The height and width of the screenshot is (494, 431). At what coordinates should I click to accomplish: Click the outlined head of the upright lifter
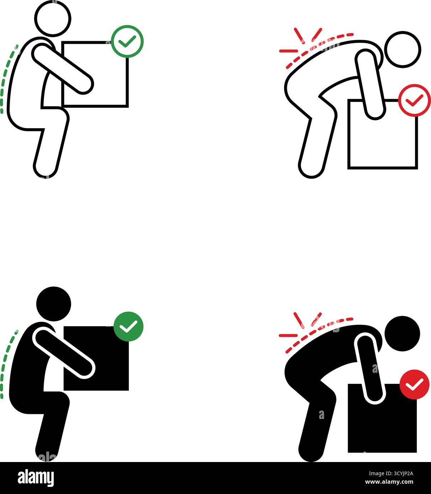[x=53, y=18]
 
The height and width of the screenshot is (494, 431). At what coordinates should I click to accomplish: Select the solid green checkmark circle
[x=128, y=327]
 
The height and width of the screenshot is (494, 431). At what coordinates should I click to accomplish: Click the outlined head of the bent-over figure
[x=403, y=49]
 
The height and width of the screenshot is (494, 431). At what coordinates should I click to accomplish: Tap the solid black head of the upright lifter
[x=54, y=304]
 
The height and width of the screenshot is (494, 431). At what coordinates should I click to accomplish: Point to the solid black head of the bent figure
[x=402, y=333]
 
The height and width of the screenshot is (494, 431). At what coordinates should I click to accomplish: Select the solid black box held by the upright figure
[x=96, y=358]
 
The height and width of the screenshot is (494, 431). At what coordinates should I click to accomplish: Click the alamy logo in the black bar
[x=36, y=478]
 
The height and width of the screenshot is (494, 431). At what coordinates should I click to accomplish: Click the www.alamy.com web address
[x=389, y=482]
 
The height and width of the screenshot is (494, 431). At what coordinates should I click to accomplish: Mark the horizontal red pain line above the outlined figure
[x=289, y=51]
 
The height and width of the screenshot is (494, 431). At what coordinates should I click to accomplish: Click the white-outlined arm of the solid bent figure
[x=369, y=368]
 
